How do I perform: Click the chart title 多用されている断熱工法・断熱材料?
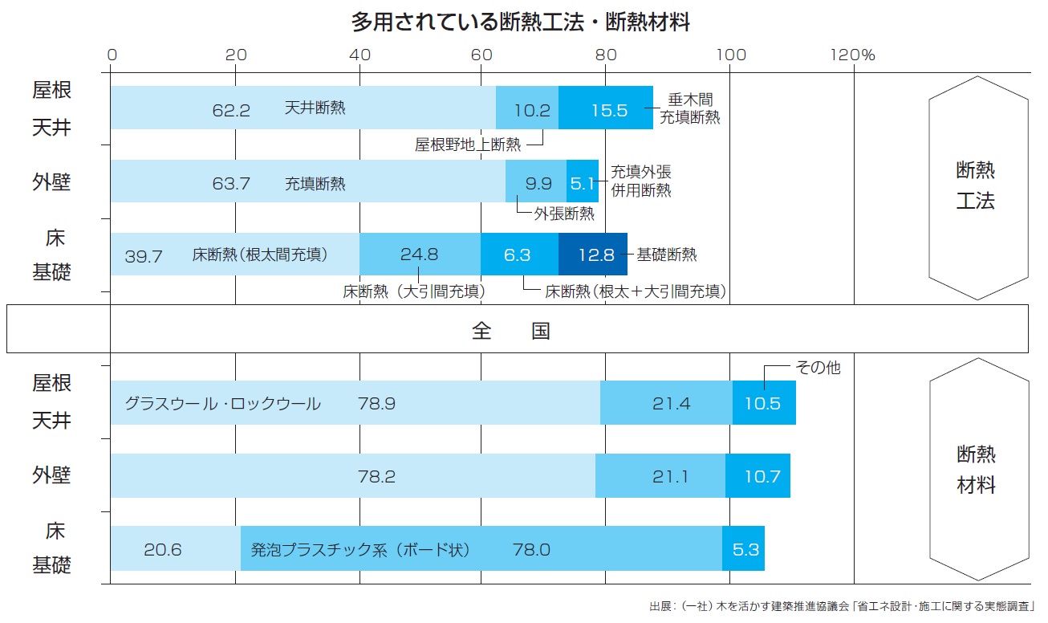point(520,22)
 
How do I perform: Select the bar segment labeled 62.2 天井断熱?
point(303,108)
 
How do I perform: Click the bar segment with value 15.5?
point(606,108)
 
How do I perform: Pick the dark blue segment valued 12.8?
point(593,254)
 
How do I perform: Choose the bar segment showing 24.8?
point(420,254)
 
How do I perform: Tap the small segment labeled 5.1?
point(583,182)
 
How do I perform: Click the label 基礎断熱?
point(667,254)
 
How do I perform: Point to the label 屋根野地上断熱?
point(468,145)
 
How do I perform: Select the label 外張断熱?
point(564,214)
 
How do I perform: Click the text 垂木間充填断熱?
point(689,108)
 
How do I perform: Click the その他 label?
point(818,368)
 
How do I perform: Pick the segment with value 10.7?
point(758,476)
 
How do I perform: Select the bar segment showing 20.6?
point(175,549)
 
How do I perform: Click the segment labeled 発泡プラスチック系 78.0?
point(481,549)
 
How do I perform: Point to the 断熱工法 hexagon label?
point(976,185)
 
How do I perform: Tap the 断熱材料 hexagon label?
point(976,470)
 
